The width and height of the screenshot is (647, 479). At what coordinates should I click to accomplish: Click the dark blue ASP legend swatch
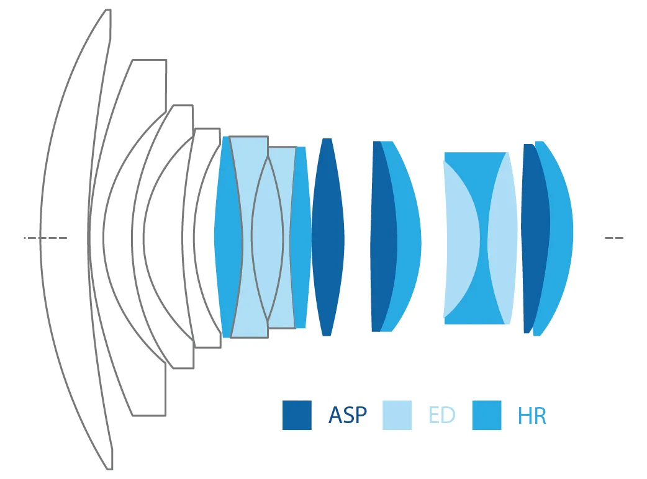click(297, 415)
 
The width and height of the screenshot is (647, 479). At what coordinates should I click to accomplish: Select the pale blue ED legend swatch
click(397, 415)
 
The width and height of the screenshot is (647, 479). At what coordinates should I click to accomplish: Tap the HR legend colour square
click(487, 415)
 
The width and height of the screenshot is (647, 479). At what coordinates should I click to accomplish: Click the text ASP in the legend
click(348, 415)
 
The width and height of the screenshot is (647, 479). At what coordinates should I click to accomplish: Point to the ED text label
click(441, 415)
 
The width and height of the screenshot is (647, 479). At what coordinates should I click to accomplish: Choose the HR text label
click(532, 416)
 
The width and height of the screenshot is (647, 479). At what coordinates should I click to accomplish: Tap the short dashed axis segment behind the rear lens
click(613, 238)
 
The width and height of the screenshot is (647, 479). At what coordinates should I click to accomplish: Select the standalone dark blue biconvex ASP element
click(327, 237)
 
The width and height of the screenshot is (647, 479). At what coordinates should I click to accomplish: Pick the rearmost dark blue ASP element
click(534, 237)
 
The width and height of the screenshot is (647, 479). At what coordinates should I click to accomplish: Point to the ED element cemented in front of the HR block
click(458, 238)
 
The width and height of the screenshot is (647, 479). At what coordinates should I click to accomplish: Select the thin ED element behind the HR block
click(504, 238)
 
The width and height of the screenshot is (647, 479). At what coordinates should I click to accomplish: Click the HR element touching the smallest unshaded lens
click(226, 237)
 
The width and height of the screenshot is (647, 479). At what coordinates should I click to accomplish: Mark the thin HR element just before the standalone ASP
click(301, 237)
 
